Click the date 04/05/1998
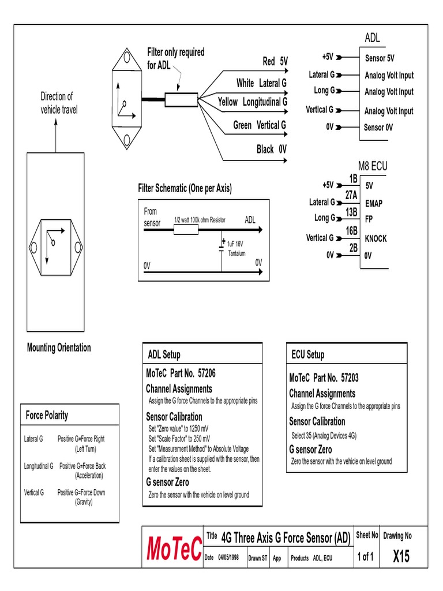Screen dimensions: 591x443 pos(228,558)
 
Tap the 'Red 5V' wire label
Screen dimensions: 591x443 pos(275,62)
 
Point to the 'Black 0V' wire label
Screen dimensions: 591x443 pos(271,149)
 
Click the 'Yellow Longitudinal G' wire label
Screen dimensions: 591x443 pos(252,102)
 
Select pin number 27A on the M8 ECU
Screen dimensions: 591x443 pos(351,196)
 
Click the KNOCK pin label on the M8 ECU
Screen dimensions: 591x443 pos(376,238)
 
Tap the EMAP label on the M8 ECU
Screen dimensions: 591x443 pos(374,204)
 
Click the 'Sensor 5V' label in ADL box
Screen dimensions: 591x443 pos(380,58)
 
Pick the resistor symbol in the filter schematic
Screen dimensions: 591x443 pos(186,230)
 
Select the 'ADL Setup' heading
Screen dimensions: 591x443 pos(164,354)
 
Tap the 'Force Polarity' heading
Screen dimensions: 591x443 pos(47,415)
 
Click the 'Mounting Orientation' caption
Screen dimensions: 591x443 pos(59,347)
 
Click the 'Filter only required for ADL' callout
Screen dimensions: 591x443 pos(175,58)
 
